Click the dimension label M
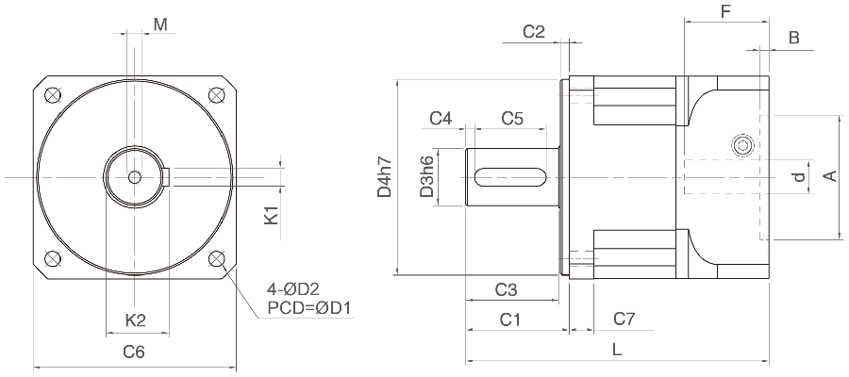point(160,25)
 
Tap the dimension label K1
point(271,215)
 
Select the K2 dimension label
point(136,320)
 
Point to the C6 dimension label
point(134,352)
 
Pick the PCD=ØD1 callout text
point(309,308)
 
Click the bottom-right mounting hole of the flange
point(217,258)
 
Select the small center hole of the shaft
point(135,177)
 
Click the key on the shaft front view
point(167,177)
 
